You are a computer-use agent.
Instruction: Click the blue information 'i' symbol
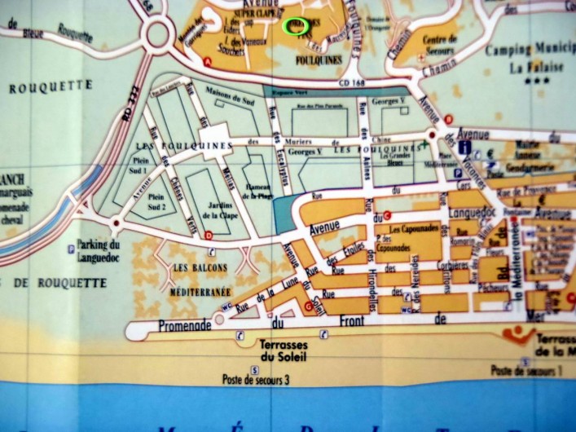(464, 148)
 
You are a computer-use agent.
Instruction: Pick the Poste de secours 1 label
(528, 370)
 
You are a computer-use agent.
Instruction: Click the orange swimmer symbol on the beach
(518, 334)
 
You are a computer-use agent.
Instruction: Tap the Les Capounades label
(414, 230)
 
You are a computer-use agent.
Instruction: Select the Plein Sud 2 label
(157, 201)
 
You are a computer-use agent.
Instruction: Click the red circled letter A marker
(209, 61)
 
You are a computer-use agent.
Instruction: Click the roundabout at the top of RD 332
(159, 34)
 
